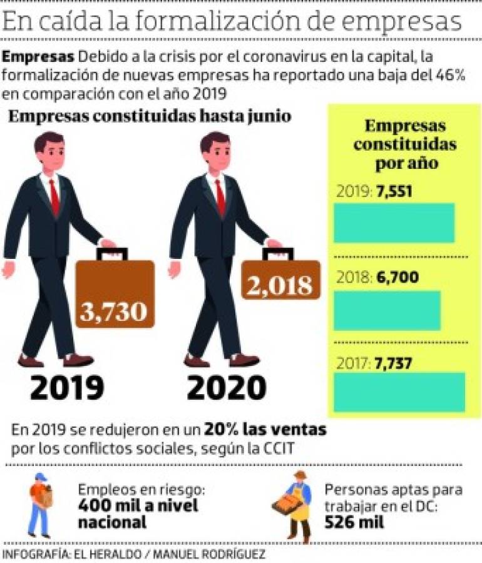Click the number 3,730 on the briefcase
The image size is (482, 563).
point(113,310)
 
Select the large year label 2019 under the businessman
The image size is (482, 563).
point(67,388)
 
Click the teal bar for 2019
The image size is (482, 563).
point(394,223)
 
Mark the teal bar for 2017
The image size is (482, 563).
point(399,392)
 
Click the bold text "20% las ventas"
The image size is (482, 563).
point(265,430)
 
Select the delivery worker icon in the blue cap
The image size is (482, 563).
point(39,504)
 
